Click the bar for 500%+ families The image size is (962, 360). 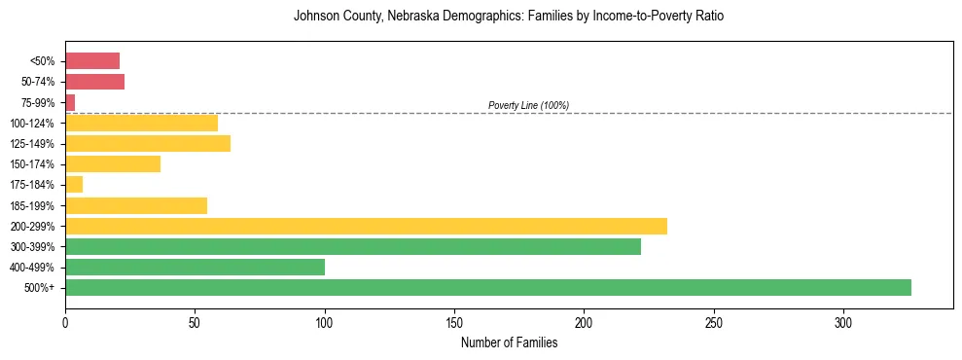click(x=486, y=287)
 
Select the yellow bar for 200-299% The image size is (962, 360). click(x=366, y=226)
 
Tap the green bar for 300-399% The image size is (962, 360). click(x=353, y=246)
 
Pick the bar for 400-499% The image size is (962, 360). click(x=195, y=267)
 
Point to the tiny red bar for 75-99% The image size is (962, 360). click(x=70, y=102)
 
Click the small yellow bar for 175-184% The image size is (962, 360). click(x=74, y=184)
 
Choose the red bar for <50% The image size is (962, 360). click(x=92, y=61)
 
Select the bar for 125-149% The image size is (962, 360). click(x=148, y=143)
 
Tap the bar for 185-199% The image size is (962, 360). click(x=136, y=205)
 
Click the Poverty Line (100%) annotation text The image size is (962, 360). click(x=528, y=105)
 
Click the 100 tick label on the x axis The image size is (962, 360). click(x=325, y=323)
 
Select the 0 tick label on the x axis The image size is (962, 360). click(x=65, y=323)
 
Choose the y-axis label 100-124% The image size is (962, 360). click(x=34, y=123)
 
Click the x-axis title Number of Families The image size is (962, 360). click(x=509, y=342)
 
